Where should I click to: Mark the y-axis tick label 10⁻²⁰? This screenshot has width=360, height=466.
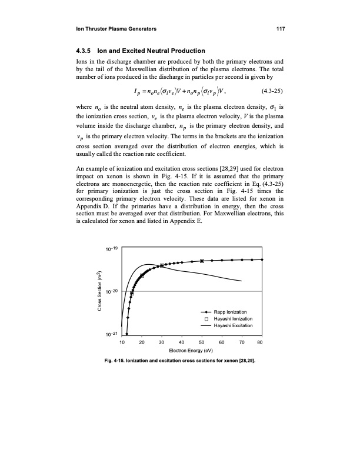[x=112, y=292]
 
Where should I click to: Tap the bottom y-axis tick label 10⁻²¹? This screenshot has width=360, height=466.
[x=112, y=334]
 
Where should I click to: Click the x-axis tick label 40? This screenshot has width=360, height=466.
[x=181, y=342]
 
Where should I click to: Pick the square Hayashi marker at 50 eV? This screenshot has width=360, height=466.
[x=202, y=261]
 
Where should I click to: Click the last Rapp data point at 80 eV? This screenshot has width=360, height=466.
[x=262, y=259]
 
